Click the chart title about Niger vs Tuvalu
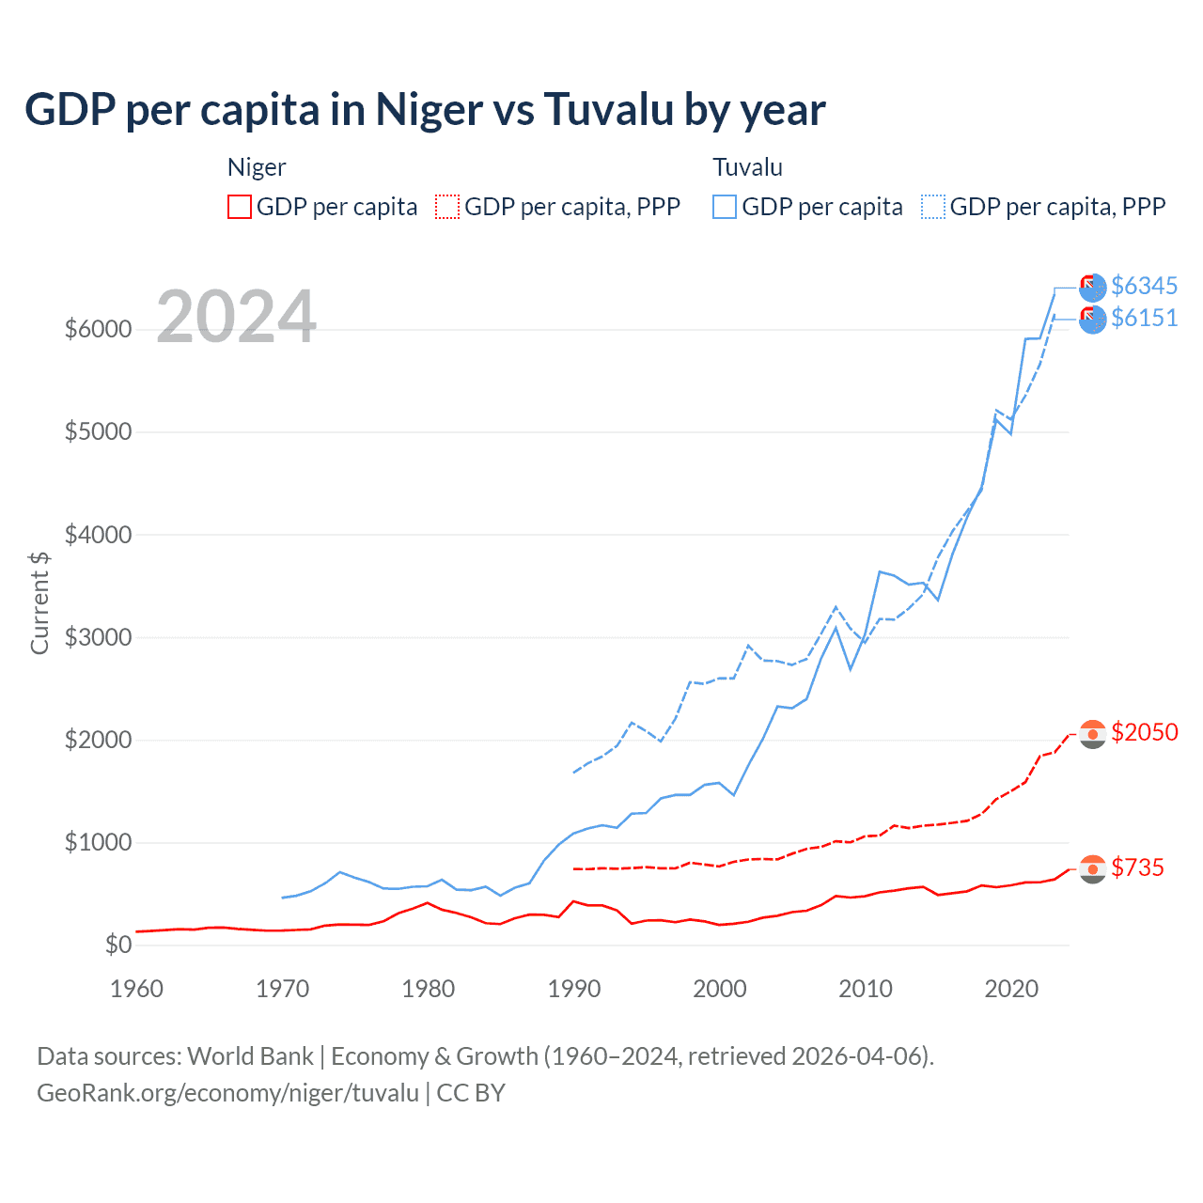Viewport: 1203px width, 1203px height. (425, 110)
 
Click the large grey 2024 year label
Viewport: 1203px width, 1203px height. (236, 317)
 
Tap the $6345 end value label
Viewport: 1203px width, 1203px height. (1144, 286)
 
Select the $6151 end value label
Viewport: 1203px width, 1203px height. (1144, 318)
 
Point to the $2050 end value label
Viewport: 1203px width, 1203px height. (1144, 732)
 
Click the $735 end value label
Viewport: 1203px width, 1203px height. (1137, 867)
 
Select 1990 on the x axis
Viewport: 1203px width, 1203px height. (574, 989)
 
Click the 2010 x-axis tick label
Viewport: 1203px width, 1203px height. (866, 989)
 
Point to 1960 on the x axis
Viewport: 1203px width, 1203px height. (137, 989)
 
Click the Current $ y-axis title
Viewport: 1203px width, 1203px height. (39, 602)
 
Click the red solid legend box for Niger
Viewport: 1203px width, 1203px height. (240, 207)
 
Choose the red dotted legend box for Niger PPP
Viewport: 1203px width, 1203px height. (448, 207)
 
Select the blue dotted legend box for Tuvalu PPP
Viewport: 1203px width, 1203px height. (933, 207)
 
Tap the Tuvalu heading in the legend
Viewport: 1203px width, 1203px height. (747, 167)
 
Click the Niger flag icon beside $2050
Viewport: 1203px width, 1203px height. (1092, 734)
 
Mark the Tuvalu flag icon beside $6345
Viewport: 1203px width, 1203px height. (1092, 287)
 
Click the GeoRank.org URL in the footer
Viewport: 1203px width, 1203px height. (227, 1093)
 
